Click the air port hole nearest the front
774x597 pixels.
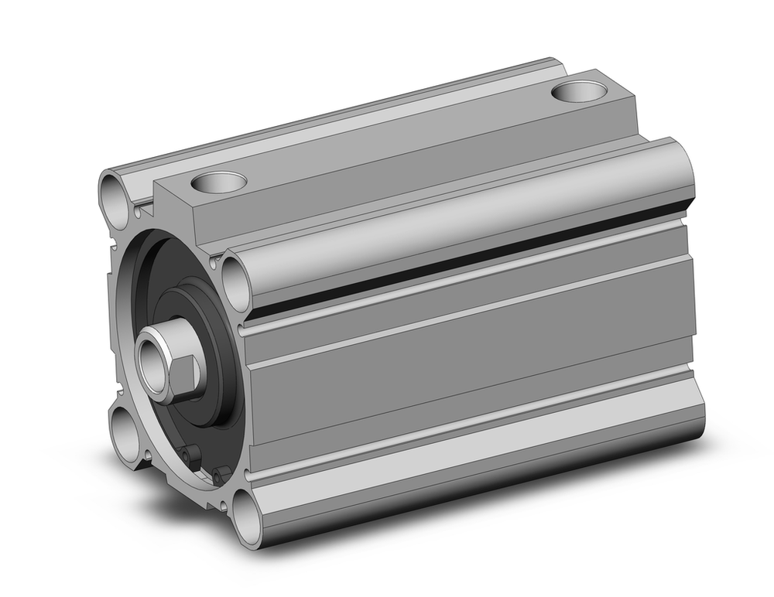[218, 183]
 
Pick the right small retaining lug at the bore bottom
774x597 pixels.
[221, 475]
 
